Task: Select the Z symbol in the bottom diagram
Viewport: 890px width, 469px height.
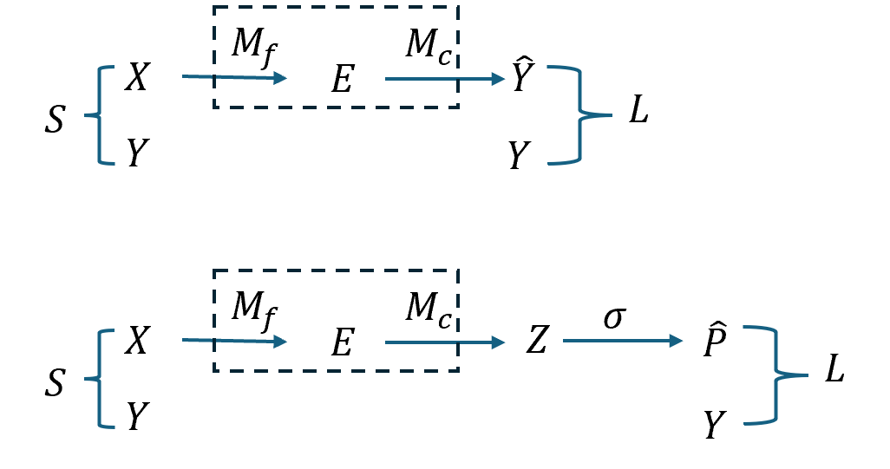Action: point(537,342)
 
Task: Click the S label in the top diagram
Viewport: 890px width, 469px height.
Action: point(55,120)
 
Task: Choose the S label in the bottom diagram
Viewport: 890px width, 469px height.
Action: point(55,382)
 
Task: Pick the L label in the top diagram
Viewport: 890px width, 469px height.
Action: point(638,114)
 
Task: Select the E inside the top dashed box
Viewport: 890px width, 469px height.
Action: point(343,81)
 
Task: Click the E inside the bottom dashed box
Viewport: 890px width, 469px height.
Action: point(343,344)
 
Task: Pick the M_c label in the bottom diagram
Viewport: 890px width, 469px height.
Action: point(429,309)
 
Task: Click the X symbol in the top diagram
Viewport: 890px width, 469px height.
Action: point(137,78)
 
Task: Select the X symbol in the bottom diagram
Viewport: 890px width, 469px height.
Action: point(137,342)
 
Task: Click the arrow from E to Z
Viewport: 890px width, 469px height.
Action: point(444,342)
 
